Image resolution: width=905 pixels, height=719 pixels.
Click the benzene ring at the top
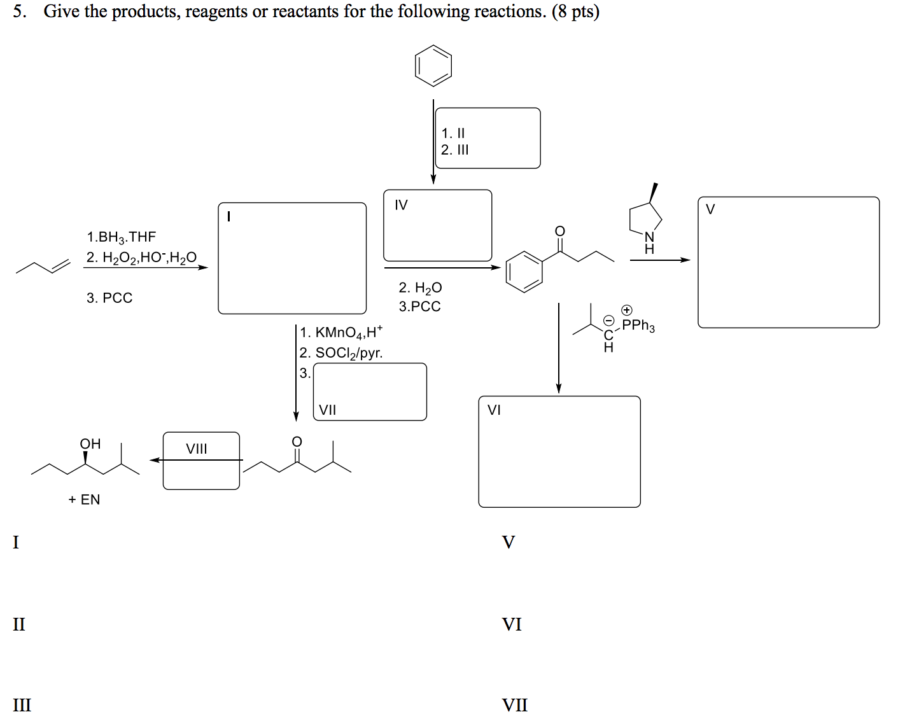tap(433, 66)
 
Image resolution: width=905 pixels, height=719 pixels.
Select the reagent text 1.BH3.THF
tap(121, 237)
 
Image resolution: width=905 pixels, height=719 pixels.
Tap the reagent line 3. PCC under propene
tap(109, 298)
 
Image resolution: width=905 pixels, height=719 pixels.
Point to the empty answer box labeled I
tap(292, 258)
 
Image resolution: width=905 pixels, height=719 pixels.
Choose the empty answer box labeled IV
tap(438, 226)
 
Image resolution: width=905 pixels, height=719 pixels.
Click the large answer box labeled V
tap(788, 262)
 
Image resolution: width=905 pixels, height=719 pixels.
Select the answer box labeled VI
tap(559, 452)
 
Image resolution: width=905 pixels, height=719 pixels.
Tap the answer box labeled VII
tap(370, 392)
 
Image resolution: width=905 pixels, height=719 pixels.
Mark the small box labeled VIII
tap(201, 461)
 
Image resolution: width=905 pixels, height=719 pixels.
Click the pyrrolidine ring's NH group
tap(649, 242)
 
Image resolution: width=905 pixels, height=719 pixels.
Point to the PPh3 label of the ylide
tap(638, 325)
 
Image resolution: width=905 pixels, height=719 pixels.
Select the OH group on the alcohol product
tap(90, 443)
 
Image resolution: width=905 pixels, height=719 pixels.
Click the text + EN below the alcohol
tap(84, 499)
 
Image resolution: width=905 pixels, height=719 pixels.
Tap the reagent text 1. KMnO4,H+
tap(341, 332)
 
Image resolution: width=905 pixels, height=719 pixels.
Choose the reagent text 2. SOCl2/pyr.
tap(341, 353)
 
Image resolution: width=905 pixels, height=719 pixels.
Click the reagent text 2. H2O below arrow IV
tap(420, 288)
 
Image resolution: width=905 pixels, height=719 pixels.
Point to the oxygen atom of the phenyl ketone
tap(559, 230)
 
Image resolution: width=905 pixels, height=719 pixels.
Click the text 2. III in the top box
tap(454, 150)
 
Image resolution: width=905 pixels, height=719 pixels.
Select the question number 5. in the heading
tap(20, 11)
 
